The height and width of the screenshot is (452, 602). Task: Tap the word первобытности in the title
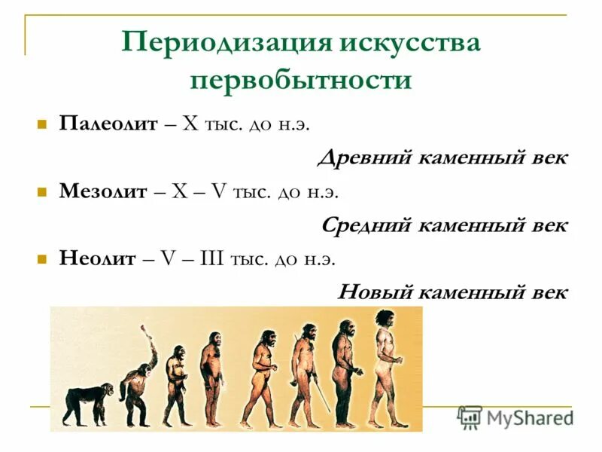[x=301, y=80]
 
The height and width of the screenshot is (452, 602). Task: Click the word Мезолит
[x=103, y=191]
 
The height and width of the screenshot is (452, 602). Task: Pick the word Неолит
[x=98, y=259]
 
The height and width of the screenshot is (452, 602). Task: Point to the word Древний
[x=359, y=158]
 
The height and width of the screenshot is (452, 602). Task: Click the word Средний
[x=365, y=225]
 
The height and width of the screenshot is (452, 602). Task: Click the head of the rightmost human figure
[x=386, y=319]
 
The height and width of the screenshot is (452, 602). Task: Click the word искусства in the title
[x=409, y=42]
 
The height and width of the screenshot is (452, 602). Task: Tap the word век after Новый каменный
[x=548, y=292]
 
